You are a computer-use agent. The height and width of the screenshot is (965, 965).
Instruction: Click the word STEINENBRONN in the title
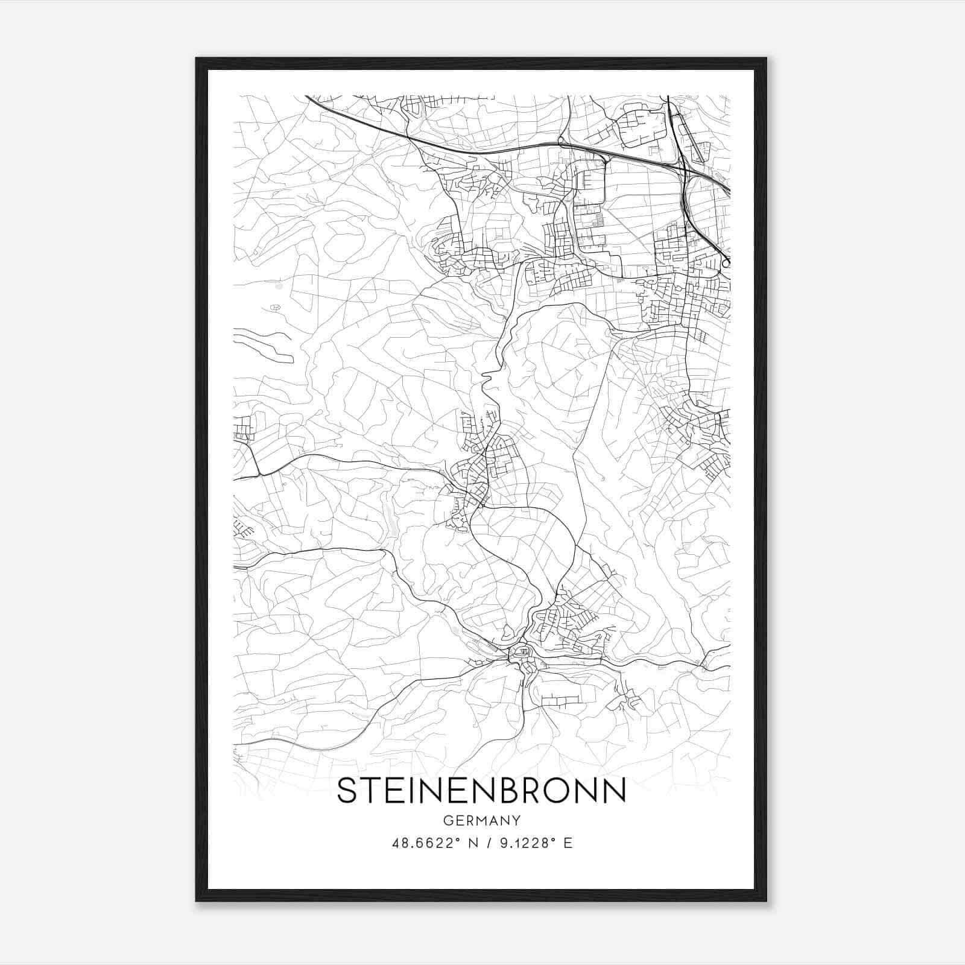coord(481,791)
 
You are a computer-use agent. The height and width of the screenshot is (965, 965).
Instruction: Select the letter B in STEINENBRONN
coord(508,791)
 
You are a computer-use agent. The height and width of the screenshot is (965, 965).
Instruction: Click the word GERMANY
coord(481,820)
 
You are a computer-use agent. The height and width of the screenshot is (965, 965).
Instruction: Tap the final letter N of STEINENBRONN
coord(615,791)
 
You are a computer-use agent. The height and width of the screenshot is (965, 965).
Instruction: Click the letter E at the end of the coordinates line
coord(568,843)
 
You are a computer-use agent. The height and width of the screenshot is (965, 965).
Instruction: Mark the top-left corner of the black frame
coord(197,59)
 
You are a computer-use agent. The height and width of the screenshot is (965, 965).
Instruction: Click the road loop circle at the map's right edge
coord(726,262)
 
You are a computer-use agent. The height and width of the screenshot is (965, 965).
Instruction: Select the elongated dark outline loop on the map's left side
coord(264,346)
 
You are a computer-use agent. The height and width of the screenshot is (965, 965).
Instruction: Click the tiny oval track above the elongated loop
coord(275,308)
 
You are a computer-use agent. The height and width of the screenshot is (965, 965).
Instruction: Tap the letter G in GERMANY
coord(447,820)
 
